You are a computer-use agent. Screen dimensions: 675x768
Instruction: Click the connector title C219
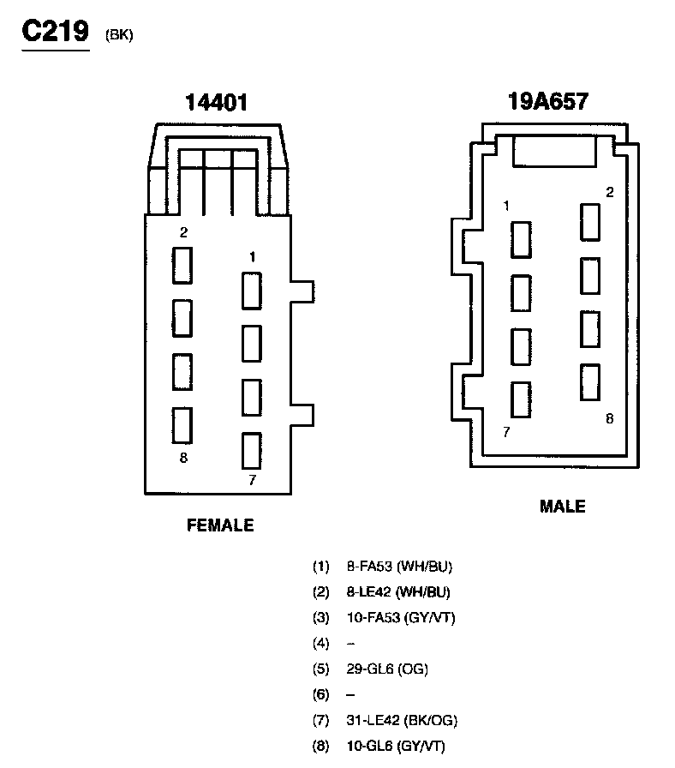(56, 32)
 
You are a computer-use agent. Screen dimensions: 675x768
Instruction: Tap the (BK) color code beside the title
(119, 35)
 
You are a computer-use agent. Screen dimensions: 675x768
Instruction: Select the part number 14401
(217, 103)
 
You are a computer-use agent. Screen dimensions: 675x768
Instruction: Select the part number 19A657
(548, 101)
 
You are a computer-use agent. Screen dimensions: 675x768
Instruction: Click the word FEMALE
(220, 525)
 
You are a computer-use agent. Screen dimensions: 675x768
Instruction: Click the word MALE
(563, 507)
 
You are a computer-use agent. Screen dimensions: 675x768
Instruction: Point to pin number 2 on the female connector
(183, 232)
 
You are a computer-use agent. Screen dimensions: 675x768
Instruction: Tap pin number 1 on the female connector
(252, 257)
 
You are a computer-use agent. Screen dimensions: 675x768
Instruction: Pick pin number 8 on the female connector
(183, 458)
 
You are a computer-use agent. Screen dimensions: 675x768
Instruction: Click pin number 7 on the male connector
(506, 432)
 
